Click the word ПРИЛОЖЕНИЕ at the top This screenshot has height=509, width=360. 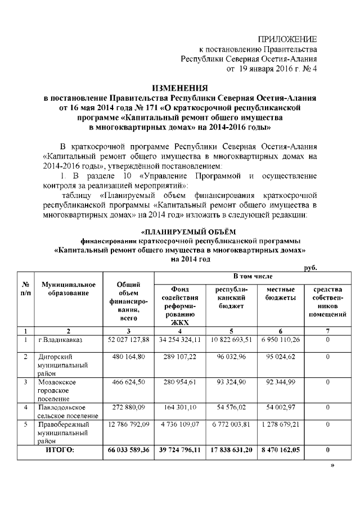(287, 39)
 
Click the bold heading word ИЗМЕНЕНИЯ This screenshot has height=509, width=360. (180, 88)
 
